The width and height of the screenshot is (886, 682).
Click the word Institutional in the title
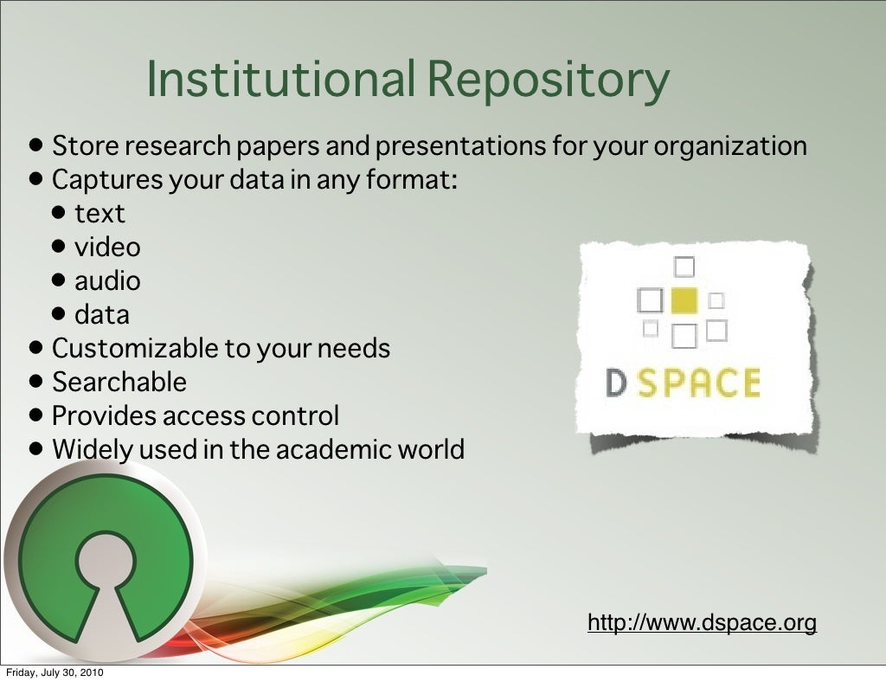point(281,79)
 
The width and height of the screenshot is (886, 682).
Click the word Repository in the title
point(549,80)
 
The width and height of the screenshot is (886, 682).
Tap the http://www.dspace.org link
point(702,622)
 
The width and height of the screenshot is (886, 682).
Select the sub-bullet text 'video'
point(107,248)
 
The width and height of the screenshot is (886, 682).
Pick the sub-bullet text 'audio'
point(107,281)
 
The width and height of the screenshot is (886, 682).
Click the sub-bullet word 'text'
point(100,214)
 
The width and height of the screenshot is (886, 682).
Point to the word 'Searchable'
point(119,382)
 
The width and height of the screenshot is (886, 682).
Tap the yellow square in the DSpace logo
point(684,300)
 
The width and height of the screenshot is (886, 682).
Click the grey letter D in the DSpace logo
point(616,383)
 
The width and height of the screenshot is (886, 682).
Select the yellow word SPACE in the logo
point(699,383)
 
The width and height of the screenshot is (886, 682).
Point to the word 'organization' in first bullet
point(730,146)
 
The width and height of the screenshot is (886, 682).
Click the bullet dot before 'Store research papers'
point(34,145)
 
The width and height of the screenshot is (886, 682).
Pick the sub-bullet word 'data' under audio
point(102,315)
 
